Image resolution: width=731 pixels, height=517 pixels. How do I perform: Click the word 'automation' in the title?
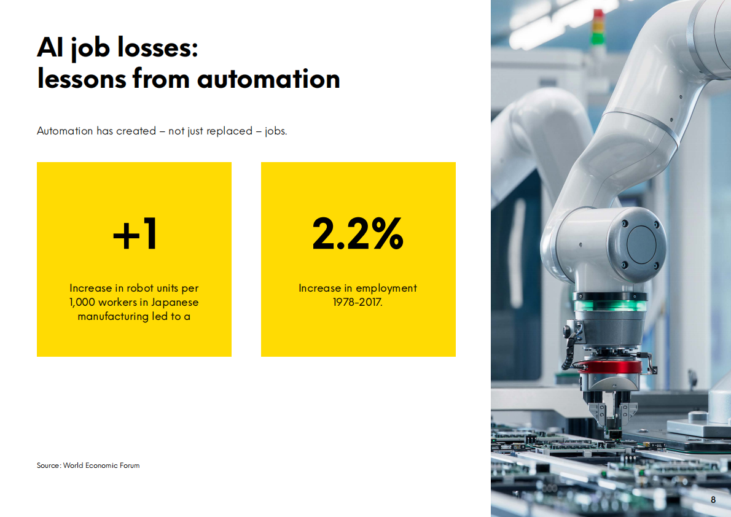tap(268, 79)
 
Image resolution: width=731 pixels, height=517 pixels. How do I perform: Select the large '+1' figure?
tap(135, 233)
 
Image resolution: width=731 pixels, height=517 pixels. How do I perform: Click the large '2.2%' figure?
tap(358, 233)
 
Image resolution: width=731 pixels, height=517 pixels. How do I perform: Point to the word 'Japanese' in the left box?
tap(175, 303)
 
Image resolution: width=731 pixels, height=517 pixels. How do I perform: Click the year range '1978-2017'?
tap(357, 302)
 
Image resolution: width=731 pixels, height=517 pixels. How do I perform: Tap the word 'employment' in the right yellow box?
tap(386, 289)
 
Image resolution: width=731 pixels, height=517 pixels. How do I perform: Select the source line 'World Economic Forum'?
tap(101, 465)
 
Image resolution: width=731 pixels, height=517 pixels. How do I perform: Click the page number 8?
tap(713, 500)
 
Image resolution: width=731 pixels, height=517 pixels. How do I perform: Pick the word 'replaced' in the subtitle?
tap(229, 131)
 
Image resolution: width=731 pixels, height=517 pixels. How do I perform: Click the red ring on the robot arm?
tap(611, 367)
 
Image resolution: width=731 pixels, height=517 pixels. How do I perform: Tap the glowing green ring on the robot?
tap(610, 305)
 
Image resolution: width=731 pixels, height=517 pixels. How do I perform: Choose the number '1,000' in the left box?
tap(82, 303)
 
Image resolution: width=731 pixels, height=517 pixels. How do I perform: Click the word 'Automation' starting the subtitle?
tap(64, 131)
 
